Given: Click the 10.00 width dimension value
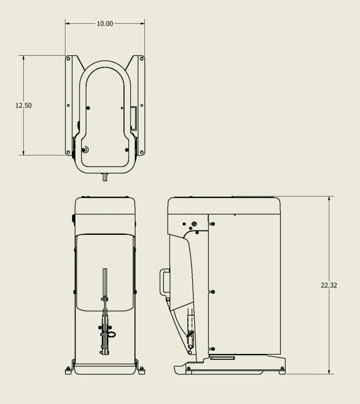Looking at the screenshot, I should [105, 24].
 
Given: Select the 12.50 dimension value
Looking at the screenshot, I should [23, 105].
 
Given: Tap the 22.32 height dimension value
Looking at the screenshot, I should [329, 285].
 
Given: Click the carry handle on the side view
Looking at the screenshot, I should [164, 282].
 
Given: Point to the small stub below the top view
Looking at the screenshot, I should [105, 177].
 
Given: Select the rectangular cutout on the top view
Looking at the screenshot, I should [133, 118].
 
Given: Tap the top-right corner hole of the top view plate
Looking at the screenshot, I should [141, 59].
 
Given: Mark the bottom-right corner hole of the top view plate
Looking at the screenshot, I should [141, 152].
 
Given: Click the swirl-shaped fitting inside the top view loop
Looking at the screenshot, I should [85, 150].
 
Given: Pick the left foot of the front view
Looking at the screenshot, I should [68, 371].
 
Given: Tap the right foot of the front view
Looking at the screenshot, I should [141, 371].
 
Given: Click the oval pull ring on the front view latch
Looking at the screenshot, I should [112, 334].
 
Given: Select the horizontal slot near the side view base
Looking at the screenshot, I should [222, 358].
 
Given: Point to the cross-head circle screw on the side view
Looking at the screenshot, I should [195, 223].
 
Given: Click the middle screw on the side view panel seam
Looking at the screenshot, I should [213, 291].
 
